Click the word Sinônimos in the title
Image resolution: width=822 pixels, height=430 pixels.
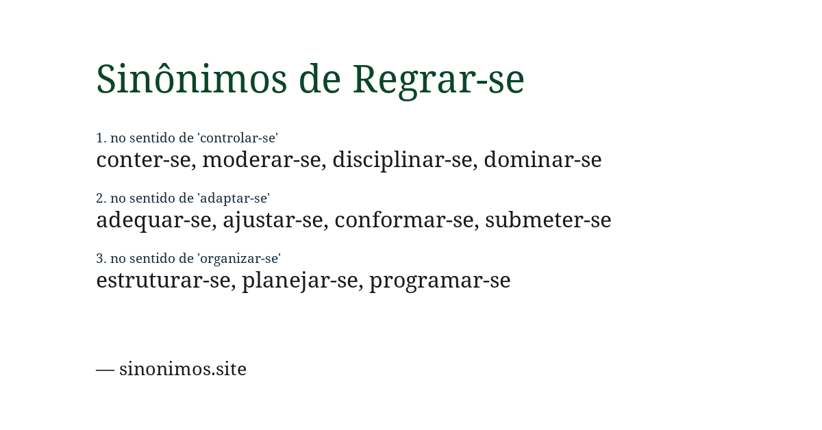[x=191, y=79]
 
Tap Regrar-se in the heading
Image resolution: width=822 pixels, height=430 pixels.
[x=438, y=79]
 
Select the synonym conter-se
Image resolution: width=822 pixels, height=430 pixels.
[x=143, y=160]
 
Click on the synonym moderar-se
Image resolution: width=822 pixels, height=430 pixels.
[x=261, y=160]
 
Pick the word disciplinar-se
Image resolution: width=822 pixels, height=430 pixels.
[x=402, y=160]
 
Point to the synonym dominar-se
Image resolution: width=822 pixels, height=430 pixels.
[x=543, y=160]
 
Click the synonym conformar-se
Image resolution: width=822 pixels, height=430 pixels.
[x=404, y=220]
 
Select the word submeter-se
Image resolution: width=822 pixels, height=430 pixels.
[x=548, y=220]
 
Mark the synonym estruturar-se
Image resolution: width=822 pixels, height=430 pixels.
[x=163, y=280]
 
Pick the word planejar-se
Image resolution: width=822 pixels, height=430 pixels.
[x=299, y=280]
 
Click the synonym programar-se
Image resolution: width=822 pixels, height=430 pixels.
[x=440, y=280]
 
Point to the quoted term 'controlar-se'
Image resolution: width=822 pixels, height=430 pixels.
[x=238, y=138]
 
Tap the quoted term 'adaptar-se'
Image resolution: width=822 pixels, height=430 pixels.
[x=234, y=198]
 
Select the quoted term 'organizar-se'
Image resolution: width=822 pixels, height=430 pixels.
[x=239, y=258]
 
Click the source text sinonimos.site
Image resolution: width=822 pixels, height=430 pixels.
[x=183, y=368]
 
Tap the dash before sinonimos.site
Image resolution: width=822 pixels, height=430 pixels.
[x=105, y=369]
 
